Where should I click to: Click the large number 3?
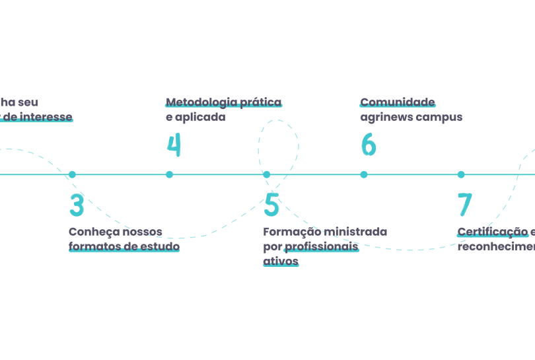click(x=77, y=205)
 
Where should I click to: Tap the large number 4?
click(x=173, y=145)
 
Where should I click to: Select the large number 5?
click(x=271, y=205)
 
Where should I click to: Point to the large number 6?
click(x=368, y=145)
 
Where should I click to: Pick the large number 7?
click(x=465, y=205)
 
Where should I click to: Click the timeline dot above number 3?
click(x=73, y=174)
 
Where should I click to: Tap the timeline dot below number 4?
click(x=170, y=174)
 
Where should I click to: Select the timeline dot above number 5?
click(x=267, y=174)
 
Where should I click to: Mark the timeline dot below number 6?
click(x=364, y=174)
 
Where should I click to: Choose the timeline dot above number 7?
click(x=461, y=174)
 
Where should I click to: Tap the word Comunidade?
click(x=397, y=102)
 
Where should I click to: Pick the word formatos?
click(x=92, y=246)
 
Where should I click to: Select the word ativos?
click(x=280, y=261)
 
